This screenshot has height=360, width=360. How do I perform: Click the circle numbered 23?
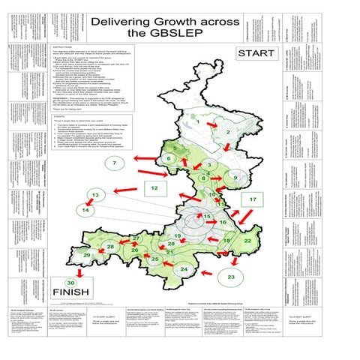pos(232,277)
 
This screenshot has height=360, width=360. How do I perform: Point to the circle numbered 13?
pos(95,196)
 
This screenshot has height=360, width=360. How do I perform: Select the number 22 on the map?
pos(247,240)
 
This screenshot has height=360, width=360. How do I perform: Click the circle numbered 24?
pos(184,268)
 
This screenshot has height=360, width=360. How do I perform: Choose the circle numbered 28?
pos(110,247)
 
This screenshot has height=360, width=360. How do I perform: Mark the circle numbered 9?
pos(235,177)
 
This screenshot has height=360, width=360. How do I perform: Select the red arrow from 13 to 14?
pos(90,203)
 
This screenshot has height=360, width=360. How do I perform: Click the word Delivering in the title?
pos(129,22)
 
